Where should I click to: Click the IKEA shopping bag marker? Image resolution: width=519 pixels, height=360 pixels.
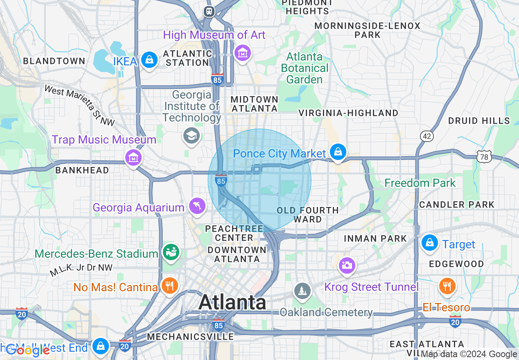tap(149, 60)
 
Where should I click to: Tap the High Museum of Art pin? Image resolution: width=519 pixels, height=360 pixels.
tap(242, 52)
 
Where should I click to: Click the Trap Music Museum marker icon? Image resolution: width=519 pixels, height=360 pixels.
tap(133, 157)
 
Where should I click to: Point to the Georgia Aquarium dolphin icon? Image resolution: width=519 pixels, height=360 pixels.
tap(197, 205)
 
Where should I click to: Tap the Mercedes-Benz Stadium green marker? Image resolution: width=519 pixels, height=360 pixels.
tap(171, 251)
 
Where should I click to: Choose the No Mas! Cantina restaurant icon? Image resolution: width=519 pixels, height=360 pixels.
tap(169, 285)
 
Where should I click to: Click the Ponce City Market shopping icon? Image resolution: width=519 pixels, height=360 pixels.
tap(338, 152)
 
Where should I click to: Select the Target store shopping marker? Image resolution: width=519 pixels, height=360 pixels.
tap(430, 243)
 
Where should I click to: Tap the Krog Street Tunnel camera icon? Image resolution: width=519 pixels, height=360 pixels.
tap(347, 265)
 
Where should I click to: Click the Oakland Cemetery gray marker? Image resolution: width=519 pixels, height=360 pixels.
tap(302, 291)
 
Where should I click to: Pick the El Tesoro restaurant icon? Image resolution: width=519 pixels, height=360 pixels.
tap(447, 286)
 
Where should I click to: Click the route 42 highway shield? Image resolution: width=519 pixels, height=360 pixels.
tap(427, 136)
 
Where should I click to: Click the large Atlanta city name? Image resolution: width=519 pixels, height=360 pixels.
tap(232, 303)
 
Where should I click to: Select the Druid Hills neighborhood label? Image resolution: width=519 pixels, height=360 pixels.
tap(479, 121)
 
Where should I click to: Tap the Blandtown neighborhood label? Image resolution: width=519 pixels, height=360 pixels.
tap(54, 61)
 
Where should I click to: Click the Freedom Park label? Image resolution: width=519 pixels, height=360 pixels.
tap(420, 183)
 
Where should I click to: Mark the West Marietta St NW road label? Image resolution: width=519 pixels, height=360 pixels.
tap(80, 105)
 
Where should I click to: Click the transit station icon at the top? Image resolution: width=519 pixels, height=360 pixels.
tap(209, 11)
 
